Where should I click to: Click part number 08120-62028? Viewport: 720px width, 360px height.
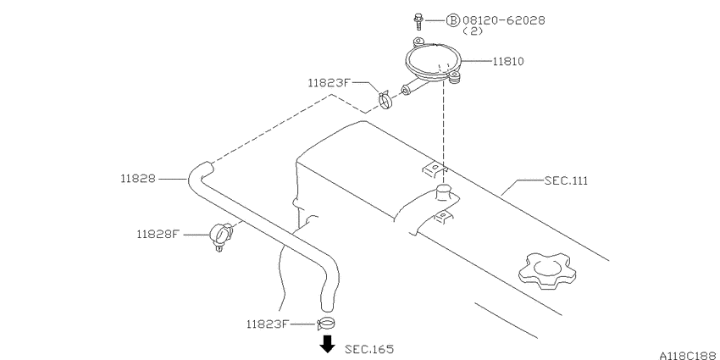coord(504,20)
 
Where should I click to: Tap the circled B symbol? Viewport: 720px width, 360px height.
coord(453,20)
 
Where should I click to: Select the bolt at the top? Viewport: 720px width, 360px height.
coord(418,21)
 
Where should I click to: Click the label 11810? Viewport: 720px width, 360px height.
coord(508,61)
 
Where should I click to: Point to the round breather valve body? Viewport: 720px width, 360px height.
coord(434,62)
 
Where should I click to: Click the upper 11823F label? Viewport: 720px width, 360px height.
coord(329,83)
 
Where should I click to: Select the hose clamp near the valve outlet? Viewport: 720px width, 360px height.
coord(385,100)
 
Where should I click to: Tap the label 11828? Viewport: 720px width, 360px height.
coord(138,179)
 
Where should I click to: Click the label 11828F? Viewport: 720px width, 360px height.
coord(158,234)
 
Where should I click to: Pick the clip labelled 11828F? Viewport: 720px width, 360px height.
coord(221,235)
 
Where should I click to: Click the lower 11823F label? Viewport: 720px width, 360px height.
coord(267,324)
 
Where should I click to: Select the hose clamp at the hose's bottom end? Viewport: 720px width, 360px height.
coord(325,324)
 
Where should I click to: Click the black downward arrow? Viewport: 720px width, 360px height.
coord(327,344)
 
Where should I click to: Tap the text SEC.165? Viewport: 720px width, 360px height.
coord(369,349)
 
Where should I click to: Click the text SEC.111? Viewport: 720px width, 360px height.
coord(566,180)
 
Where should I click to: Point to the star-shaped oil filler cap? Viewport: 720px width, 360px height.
coord(547,271)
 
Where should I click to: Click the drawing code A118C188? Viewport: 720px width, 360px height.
coord(690,356)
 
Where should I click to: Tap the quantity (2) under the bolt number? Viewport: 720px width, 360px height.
coord(473,31)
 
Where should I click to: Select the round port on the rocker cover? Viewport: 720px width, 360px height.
coord(444,192)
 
